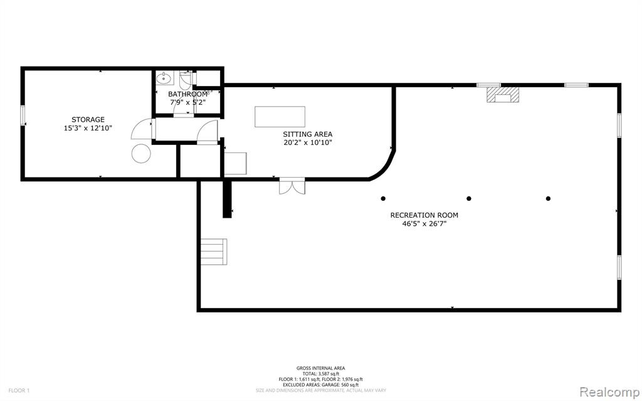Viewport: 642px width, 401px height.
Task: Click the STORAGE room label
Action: (88, 120)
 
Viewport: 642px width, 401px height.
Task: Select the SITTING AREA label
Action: (307, 134)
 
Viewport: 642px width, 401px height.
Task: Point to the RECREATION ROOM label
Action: (424, 215)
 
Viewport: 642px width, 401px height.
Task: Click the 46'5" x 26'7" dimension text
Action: (424, 224)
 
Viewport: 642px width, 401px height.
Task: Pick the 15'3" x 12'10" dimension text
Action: (88, 128)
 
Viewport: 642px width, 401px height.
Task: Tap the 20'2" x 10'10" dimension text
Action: (307, 142)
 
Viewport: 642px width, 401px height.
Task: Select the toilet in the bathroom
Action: (186, 80)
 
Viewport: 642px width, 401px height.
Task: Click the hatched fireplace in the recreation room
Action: (502, 94)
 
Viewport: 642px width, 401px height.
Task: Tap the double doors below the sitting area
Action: (292, 186)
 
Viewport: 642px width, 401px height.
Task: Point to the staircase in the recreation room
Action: (214, 252)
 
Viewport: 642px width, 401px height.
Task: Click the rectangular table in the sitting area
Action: (280, 117)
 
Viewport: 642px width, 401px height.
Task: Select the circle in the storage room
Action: (141, 154)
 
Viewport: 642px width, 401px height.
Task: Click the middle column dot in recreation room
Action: (469, 198)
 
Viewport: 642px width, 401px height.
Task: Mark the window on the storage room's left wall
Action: (23, 115)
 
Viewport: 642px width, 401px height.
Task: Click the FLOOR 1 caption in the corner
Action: (19, 390)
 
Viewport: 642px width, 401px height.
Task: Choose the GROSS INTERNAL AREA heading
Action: (320, 368)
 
